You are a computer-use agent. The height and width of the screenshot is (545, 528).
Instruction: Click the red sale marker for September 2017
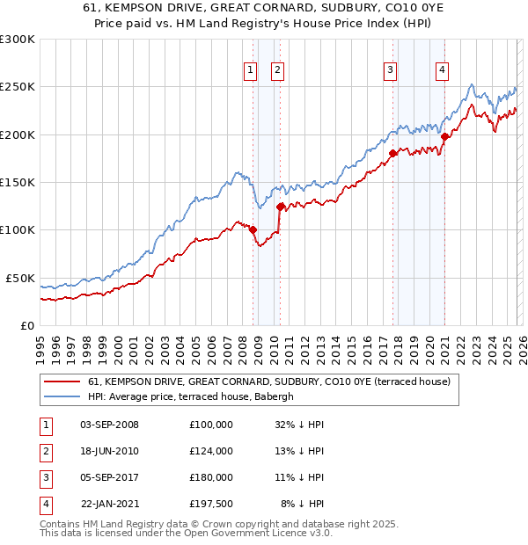click(x=392, y=153)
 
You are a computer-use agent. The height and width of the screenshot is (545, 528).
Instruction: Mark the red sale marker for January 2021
click(x=445, y=136)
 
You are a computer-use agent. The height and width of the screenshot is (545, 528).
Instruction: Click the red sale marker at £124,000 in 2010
click(x=280, y=207)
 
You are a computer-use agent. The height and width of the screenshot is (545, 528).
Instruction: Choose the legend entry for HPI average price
click(x=194, y=396)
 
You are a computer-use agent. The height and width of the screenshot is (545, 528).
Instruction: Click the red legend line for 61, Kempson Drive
click(x=61, y=381)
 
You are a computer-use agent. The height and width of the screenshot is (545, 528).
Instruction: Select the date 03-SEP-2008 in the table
click(x=109, y=425)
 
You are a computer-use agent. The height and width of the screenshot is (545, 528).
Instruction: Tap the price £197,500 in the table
click(x=211, y=504)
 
